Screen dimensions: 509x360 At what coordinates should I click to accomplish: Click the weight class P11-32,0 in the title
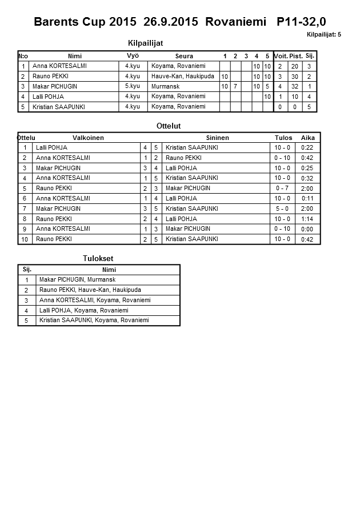(x=301, y=22)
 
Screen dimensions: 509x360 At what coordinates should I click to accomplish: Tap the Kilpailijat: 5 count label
(x=323, y=35)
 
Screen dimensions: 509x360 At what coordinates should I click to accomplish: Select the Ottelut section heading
(x=168, y=126)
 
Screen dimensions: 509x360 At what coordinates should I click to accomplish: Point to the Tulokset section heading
(x=98, y=259)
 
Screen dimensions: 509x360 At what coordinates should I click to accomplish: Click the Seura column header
(x=184, y=56)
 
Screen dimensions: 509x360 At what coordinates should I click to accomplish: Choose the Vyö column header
(x=133, y=56)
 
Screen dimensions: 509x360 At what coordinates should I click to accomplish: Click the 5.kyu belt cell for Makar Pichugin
(x=133, y=86)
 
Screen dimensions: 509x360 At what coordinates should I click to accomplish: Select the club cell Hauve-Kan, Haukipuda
(x=183, y=76)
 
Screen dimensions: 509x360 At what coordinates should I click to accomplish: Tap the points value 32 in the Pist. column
(x=295, y=86)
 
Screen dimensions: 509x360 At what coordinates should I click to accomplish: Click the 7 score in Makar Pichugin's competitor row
(x=235, y=86)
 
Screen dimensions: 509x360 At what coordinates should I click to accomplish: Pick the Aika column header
(x=308, y=138)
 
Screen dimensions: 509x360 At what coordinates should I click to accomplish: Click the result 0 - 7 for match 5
(x=282, y=189)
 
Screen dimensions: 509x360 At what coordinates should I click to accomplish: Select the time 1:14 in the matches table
(x=308, y=219)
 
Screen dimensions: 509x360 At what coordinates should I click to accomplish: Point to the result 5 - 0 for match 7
(x=282, y=209)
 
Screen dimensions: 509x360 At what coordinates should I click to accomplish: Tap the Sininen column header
(x=217, y=138)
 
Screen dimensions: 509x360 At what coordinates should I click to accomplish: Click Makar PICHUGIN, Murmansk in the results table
(x=78, y=279)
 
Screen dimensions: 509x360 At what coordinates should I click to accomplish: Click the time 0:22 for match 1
(x=308, y=148)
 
